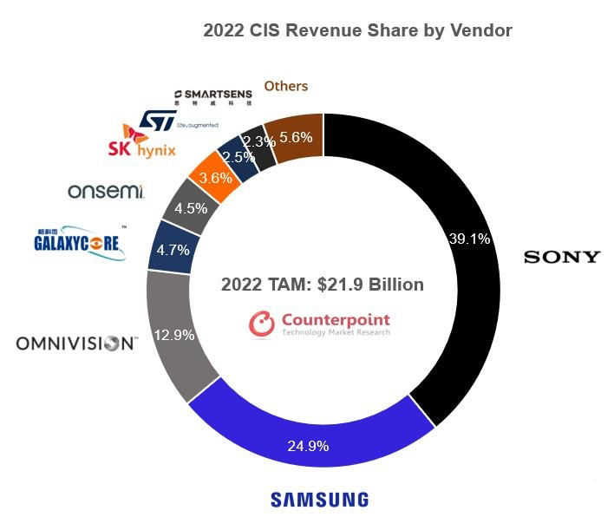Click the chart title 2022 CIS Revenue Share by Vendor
tap(357, 31)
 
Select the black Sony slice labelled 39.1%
tap(468, 240)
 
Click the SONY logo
tap(561, 257)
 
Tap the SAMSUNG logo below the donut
tap(319, 499)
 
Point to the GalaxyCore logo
tap(80, 242)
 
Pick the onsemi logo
tap(106, 190)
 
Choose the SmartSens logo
tap(212, 95)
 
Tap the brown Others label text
tap(285, 86)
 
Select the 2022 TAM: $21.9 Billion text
tap(322, 285)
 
